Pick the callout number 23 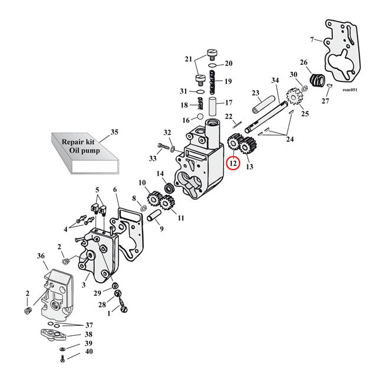click(255, 93)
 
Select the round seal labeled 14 click(170, 188)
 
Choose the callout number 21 click(189, 60)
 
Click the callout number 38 click(88, 334)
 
